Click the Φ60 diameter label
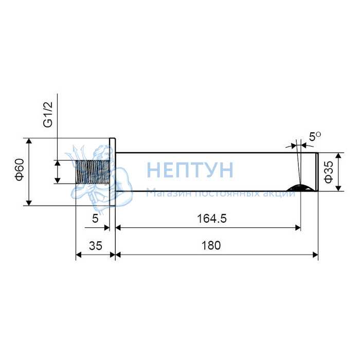tap(20, 170)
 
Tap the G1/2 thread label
tap(48, 115)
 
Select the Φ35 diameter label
tap(329, 172)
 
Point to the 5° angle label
tap(315, 137)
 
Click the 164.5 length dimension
tap(212, 219)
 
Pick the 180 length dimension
tap(211, 245)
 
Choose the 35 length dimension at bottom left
tap(96, 246)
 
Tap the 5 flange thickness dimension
tap(95, 219)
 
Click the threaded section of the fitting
tap(93, 172)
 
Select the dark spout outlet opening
tap(301, 188)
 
